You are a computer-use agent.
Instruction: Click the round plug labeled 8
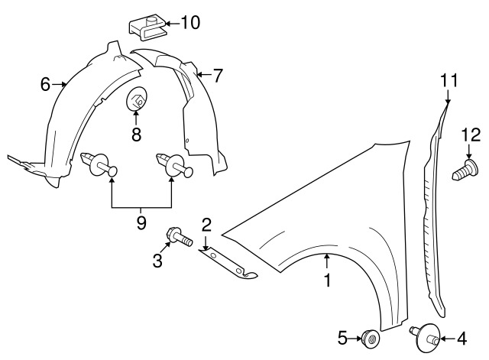pyautogui.click(x=136, y=99)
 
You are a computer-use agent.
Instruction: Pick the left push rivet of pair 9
pyautogui.click(x=97, y=162)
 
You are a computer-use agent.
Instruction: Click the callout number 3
pyautogui.click(x=157, y=261)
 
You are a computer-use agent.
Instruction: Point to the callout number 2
pyautogui.click(x=206, y=224)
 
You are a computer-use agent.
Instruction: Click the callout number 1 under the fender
pyautogui.click(x=327, y=281)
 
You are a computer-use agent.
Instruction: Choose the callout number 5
pyautogui.click(x=342, y=336)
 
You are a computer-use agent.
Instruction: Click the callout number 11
pyautogui.click(x=449, y=79)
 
